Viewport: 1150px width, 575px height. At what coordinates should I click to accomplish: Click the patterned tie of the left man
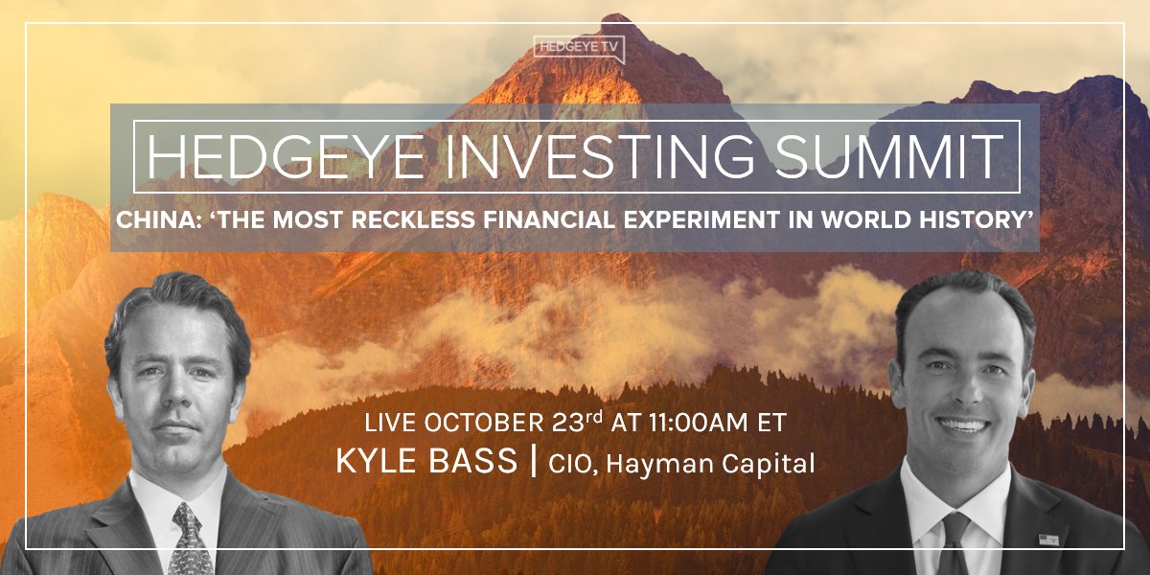point(190,541)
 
